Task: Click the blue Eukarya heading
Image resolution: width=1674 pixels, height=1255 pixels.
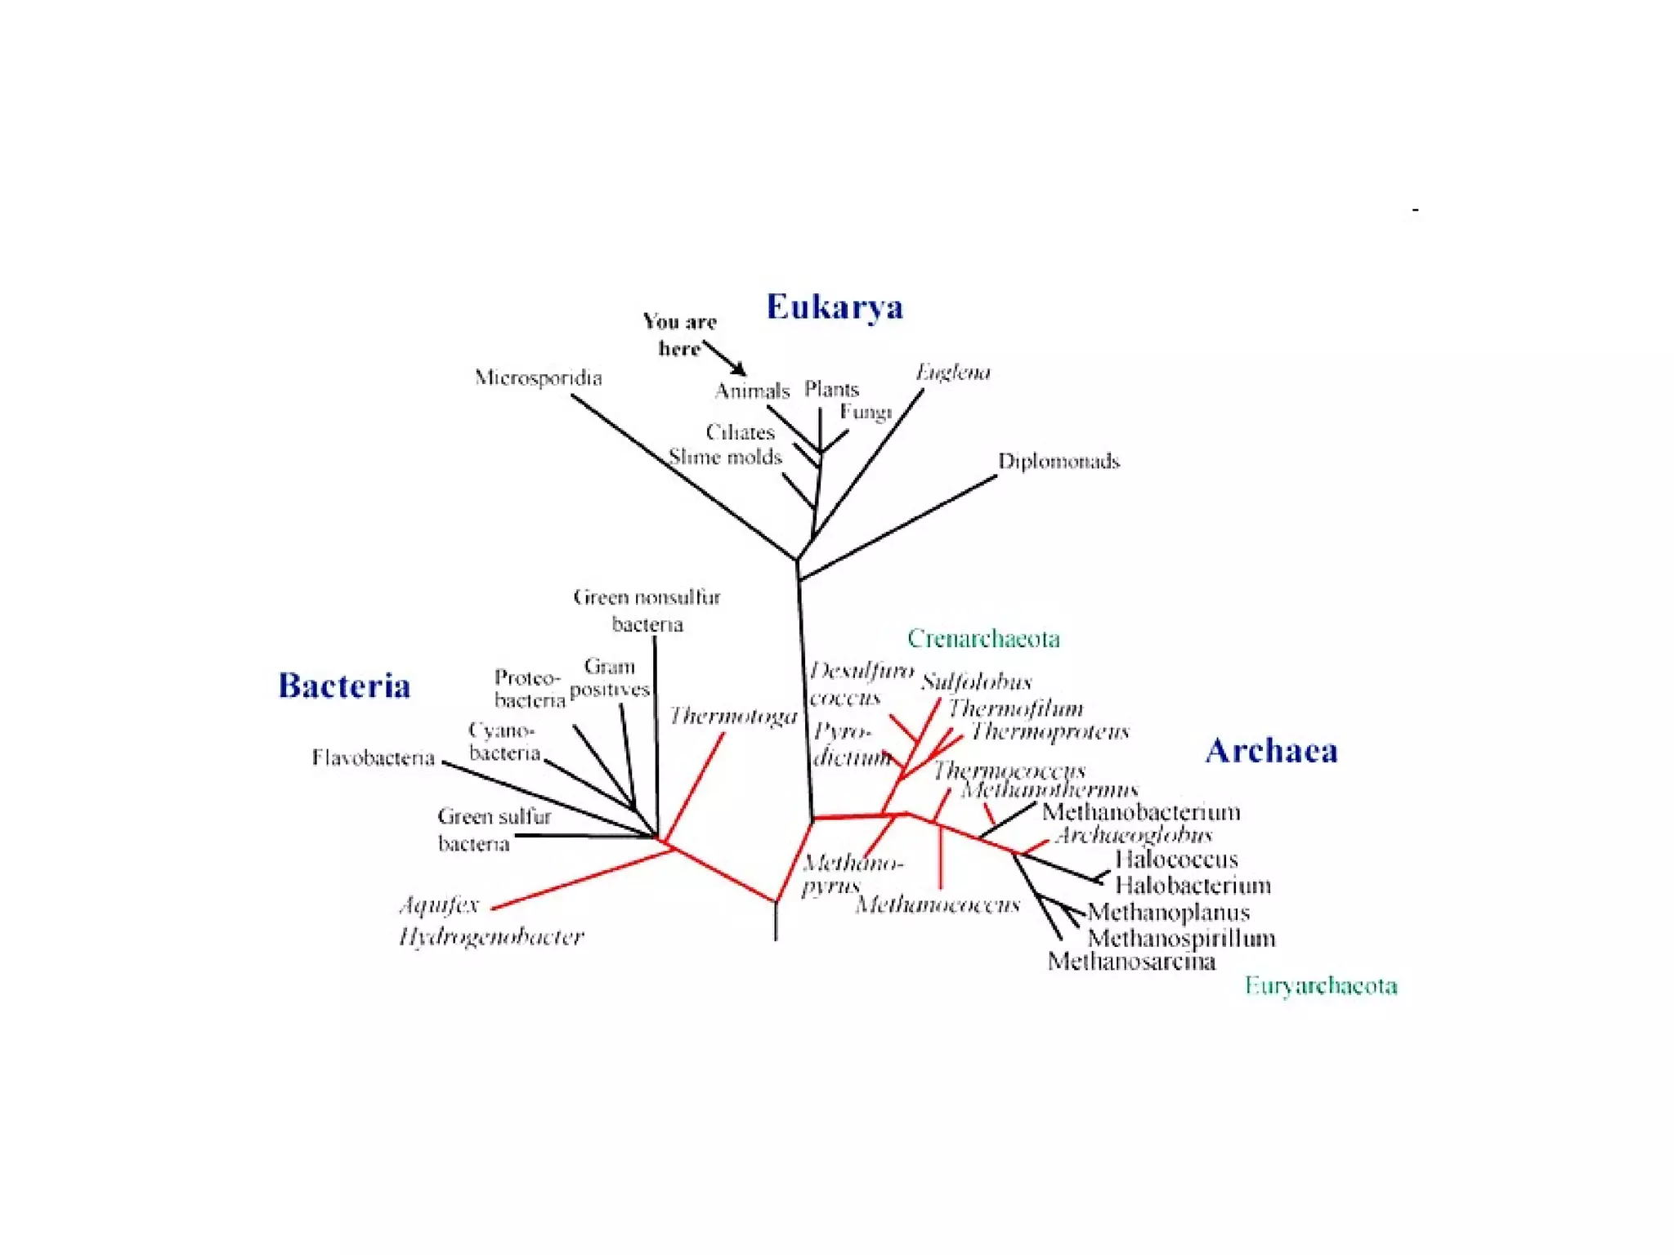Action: tap(835, 307)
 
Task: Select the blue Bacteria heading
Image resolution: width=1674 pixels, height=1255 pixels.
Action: tap(344, 686)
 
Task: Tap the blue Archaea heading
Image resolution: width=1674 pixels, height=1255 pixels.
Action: tap(1271, 751)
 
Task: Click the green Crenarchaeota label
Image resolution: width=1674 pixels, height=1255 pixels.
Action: tap(983, 638)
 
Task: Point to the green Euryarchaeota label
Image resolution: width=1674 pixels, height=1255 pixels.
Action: tap(1321, 985)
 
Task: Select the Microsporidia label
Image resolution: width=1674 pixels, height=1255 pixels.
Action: tap(538, 377)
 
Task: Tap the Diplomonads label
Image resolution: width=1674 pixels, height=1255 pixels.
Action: tap(1059, 462)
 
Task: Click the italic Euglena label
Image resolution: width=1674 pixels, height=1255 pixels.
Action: tap(952, 373)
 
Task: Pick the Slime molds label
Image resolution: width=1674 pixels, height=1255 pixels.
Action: tap(725, 457)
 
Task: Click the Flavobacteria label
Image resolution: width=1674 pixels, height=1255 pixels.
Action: tap(373, 758)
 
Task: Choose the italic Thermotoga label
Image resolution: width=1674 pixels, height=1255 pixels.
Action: tap(733, 717)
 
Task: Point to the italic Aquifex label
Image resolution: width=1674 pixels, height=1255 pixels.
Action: tap(439, 905)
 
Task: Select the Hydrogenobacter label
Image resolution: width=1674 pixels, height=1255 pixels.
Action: tap(491, 936)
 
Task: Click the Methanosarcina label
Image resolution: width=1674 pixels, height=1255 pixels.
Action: tap(1131, 962)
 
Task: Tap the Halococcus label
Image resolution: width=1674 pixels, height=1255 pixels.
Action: tap(1176, 860)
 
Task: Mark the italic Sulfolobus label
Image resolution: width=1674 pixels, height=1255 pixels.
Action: tap(976, 681)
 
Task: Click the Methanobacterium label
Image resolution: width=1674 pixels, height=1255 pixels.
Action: tap(1141, 812)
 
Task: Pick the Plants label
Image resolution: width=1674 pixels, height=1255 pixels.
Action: tap(831, 389)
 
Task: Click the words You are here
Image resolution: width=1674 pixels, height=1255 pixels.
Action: tap(679, 335)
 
